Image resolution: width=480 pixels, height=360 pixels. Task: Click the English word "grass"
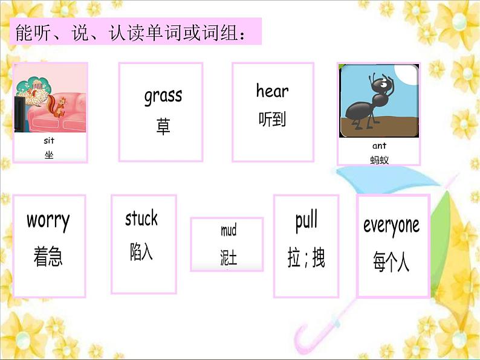tap(163, 96)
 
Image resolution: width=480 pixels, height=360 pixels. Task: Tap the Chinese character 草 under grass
tap(163, 126)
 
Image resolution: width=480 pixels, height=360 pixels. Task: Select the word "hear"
tap(273, 91)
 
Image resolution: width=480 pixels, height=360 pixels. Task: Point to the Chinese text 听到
tap(272, 119)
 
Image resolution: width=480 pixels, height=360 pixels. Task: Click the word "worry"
tap(48, 221)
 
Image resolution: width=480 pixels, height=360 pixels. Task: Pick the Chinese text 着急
tap(48, 256)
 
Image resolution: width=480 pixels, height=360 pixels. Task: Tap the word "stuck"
tap(141, 218)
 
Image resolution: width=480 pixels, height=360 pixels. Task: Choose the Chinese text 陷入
tap(141, 252)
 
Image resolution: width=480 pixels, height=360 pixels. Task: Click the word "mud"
tap(229, 230)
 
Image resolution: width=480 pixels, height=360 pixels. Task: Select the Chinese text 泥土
tap(229, 257)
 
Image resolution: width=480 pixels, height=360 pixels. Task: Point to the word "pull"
tap(306, 221)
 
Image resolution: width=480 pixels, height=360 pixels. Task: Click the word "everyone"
tap(392, 227)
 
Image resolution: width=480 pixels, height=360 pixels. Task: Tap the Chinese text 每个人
tap(391, 262)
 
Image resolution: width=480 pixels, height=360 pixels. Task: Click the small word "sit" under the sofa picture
tap(49, 141)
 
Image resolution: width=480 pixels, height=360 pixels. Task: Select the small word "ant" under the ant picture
tap(379, 146)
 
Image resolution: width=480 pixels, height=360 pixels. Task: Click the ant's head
tap(381, 85)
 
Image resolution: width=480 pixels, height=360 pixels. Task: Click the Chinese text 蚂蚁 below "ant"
tap(379, 160)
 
